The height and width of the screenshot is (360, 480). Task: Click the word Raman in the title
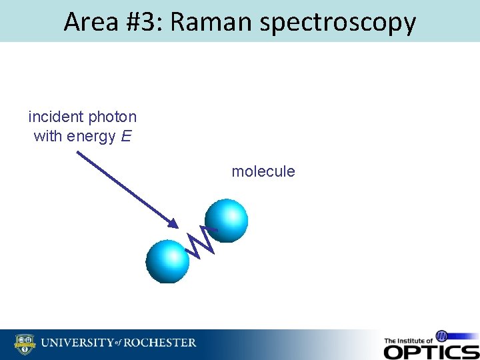coord(212,22)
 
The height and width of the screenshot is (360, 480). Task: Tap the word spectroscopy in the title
coord(338,22)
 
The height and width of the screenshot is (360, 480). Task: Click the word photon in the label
coord(112,117)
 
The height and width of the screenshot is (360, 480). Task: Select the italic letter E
coord(126,137)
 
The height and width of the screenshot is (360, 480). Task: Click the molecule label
coord(263,171)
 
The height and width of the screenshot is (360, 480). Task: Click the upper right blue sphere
coord(227,220)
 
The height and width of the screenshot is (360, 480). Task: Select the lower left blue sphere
coord(167,261)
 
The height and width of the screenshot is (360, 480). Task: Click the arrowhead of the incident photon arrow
coord(175,225)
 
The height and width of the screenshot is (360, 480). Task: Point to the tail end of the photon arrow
coord(78,153)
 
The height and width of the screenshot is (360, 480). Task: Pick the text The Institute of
coord(408,340)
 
